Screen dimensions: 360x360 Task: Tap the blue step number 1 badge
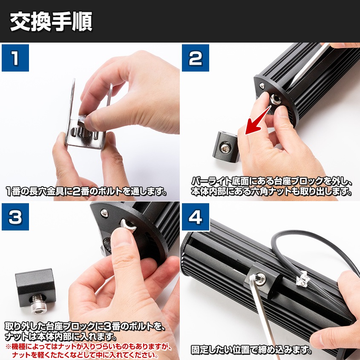coord(15,58)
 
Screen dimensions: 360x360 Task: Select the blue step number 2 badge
coord(195,58)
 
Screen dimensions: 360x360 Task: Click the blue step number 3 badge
coord(15,216)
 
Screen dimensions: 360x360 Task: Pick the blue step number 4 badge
coord(195,216)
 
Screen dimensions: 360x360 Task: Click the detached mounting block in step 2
coord(225,146)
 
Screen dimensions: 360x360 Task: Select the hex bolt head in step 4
coord(259,279)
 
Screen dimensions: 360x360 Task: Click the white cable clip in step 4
coord(301,279)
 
